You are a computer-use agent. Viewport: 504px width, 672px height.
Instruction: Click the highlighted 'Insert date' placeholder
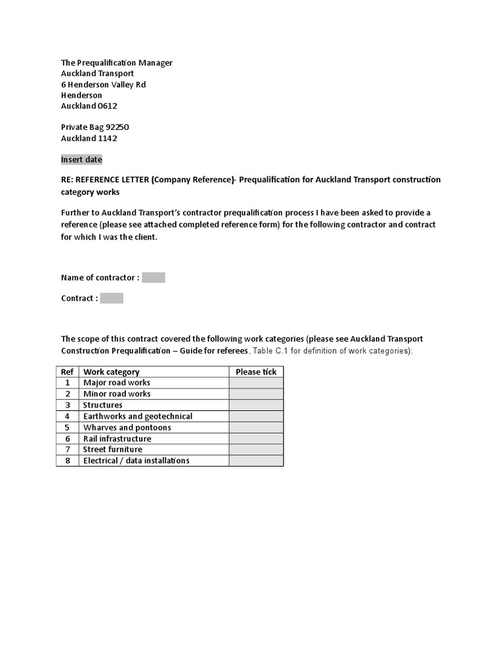tap(81, 159)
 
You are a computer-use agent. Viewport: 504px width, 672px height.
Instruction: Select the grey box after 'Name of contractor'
tap(154, 278)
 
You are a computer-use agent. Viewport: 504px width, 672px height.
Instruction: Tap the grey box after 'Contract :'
tap(112, 298)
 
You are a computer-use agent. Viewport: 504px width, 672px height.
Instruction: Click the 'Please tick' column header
tap(256, 371)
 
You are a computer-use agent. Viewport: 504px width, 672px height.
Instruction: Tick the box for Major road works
tap(256, 383)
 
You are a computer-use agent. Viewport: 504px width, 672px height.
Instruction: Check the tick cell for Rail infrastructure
tap(256, 438)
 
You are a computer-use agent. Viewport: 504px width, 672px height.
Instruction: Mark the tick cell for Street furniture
tap(256, 450)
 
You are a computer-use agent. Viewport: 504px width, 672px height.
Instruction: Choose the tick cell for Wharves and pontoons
tap(256, 427)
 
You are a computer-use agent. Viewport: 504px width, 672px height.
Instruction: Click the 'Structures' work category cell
tap(102, 405)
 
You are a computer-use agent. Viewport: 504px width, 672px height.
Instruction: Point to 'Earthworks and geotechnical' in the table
tap(137, 416)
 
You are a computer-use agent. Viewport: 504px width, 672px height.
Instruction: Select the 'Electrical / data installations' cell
tap(136, 461)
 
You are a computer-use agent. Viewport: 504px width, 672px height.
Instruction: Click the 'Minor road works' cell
tap(116, 394)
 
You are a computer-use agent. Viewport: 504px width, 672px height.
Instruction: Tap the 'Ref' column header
tap(67, 371)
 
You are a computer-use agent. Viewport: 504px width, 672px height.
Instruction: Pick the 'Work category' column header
tap(111, 371)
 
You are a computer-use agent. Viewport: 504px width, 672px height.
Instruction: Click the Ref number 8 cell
tap(67, 461)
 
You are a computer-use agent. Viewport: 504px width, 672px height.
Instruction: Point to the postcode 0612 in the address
tap(107, 106)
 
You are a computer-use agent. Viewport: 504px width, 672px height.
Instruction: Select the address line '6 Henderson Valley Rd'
tap(103, 85)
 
